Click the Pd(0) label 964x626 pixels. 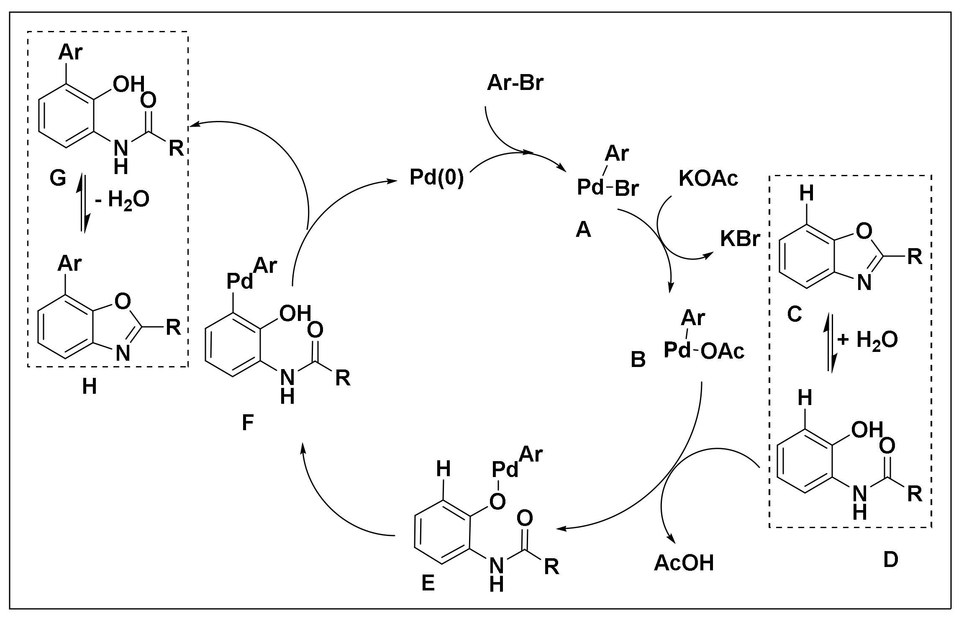pos(437,178)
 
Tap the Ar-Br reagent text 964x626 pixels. pos(515,83)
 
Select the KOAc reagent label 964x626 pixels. pos(708,179)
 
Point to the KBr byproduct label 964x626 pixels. pos(740,239)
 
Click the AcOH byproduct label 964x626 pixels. pos(684,563)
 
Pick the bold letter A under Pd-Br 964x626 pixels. pos(583,229)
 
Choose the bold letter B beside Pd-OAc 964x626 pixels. pos(638,360)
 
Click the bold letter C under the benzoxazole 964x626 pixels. pos(794,314)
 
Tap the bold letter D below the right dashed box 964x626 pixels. pos(890,560)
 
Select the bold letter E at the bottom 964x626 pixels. pos(428,583)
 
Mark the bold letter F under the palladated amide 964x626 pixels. pos(248,423)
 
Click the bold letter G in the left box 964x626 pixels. pos(58,179)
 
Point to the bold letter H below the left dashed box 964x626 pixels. pos(90,387)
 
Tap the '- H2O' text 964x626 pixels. pos(122,200)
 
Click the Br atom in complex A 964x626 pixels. pos(627,189)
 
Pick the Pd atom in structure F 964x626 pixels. pos(240,281)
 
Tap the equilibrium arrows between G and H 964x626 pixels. pos(84,205)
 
